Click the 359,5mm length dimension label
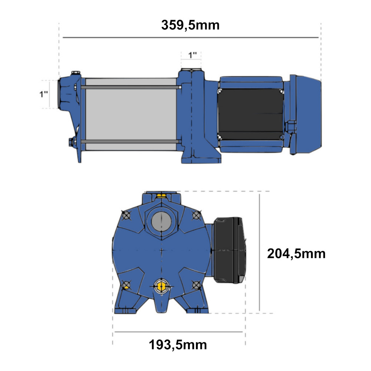pyautogui.click(x=190, y=25)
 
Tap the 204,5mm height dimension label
pyautogui.click(x=296, y=254)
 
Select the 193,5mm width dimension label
pyautogui.click(x=178, y=345)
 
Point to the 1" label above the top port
pyautogui.click(x=192, y=55)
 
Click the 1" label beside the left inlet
pyautogui.click(x=43, y=94)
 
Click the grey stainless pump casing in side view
pyautogui.click(x=131, y=115)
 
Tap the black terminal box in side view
pyautogui.click(x=250, y=114)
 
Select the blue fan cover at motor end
pyautogui.click(x=308, y=114)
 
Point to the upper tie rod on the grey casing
pyautogui.click(x=131, y=87)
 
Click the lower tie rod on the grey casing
pyautogui.click(x=131, y=141)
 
